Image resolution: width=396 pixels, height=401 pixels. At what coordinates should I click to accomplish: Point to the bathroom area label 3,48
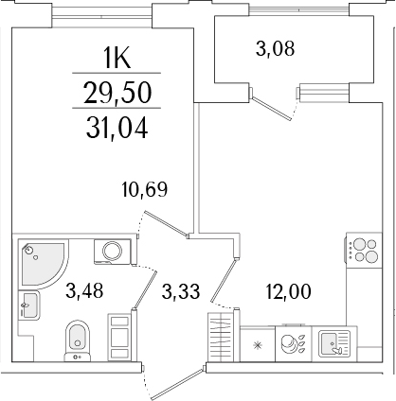point(84,291)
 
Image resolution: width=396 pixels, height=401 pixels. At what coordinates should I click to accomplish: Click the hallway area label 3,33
point(180,291)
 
